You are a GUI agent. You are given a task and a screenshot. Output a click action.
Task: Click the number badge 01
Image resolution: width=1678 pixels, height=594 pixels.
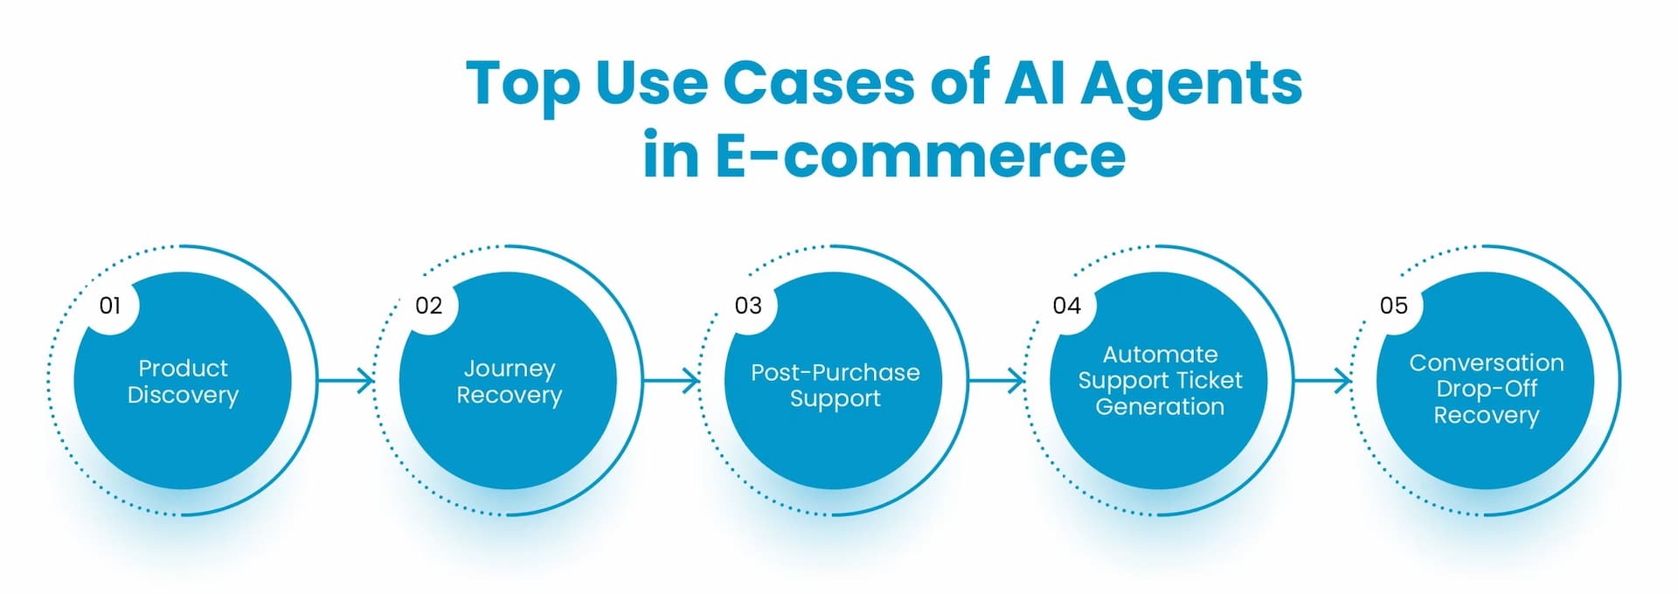coord(110,306)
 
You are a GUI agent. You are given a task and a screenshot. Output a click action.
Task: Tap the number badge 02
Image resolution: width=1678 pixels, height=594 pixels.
coord(428,306)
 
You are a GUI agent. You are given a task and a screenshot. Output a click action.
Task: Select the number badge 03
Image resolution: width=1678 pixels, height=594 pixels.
coord(748,306)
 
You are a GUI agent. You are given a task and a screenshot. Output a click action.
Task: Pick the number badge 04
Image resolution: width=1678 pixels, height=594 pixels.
coord(1066,306)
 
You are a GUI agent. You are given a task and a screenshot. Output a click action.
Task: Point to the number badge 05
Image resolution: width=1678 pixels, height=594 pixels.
coord(1394,306)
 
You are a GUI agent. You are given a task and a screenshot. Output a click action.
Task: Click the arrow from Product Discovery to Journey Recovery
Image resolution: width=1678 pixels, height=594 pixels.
coord(347,380)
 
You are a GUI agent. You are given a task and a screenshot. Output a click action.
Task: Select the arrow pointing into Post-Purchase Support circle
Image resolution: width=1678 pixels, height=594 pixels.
coord(672,380)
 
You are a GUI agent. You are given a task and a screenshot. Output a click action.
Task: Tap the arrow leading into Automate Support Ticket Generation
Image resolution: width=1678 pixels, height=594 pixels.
coord(997,380)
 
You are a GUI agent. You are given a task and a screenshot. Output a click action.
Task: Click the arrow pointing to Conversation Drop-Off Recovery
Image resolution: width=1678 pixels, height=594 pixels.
coord(1323,380)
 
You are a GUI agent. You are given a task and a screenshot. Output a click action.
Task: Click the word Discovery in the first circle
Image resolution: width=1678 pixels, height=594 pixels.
coord(183,396)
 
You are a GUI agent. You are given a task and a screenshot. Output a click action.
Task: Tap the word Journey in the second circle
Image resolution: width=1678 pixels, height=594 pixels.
coord(510,369)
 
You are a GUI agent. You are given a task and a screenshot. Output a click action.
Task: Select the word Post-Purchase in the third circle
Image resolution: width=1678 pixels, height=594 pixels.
coord(835,373)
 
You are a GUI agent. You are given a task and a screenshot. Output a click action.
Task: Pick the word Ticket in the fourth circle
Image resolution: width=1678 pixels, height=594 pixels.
coord(1210,380)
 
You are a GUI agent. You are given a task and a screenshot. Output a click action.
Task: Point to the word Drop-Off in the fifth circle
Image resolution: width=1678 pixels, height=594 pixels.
coord(1487,389)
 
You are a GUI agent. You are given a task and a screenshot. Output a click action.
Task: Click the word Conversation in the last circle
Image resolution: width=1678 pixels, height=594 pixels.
coord(1487,363)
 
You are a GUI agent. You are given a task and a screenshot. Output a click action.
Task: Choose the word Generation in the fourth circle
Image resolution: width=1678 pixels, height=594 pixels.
coord(1160,407)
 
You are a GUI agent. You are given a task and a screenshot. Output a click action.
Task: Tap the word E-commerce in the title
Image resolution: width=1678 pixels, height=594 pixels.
coord(919,155)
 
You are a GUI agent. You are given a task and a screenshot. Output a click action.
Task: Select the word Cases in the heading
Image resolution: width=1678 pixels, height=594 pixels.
coord(818,84)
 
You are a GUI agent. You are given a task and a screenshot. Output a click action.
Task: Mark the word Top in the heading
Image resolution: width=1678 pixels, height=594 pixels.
coord(522,85)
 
